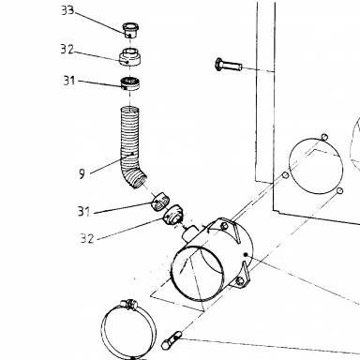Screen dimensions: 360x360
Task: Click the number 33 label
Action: point(67,10)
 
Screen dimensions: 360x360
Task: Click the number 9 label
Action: point(82,173)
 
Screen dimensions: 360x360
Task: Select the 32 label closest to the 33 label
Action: point(67,50)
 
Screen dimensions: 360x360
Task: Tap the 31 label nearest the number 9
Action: point(83,212)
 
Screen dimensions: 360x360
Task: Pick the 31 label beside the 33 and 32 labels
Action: point(69,81)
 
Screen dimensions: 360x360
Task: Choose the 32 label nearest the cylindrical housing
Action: point(87,239)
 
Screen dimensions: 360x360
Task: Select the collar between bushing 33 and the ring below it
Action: point(130,57)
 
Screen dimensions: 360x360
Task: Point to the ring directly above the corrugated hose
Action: point(130,83)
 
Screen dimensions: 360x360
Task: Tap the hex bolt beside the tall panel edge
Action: point(229,65)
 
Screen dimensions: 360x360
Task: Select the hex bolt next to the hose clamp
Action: point(171,340)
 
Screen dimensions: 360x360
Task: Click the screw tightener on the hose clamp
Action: point(129,304)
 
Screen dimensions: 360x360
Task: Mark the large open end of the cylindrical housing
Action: point(197,274)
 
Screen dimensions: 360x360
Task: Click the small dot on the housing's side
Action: point(246,254)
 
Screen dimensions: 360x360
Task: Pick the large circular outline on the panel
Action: point(316,166)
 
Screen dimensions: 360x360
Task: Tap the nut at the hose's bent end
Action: point(160,202)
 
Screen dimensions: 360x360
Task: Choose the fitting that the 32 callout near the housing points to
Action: point(174,216)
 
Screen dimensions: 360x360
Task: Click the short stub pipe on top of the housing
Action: point(189,233)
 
